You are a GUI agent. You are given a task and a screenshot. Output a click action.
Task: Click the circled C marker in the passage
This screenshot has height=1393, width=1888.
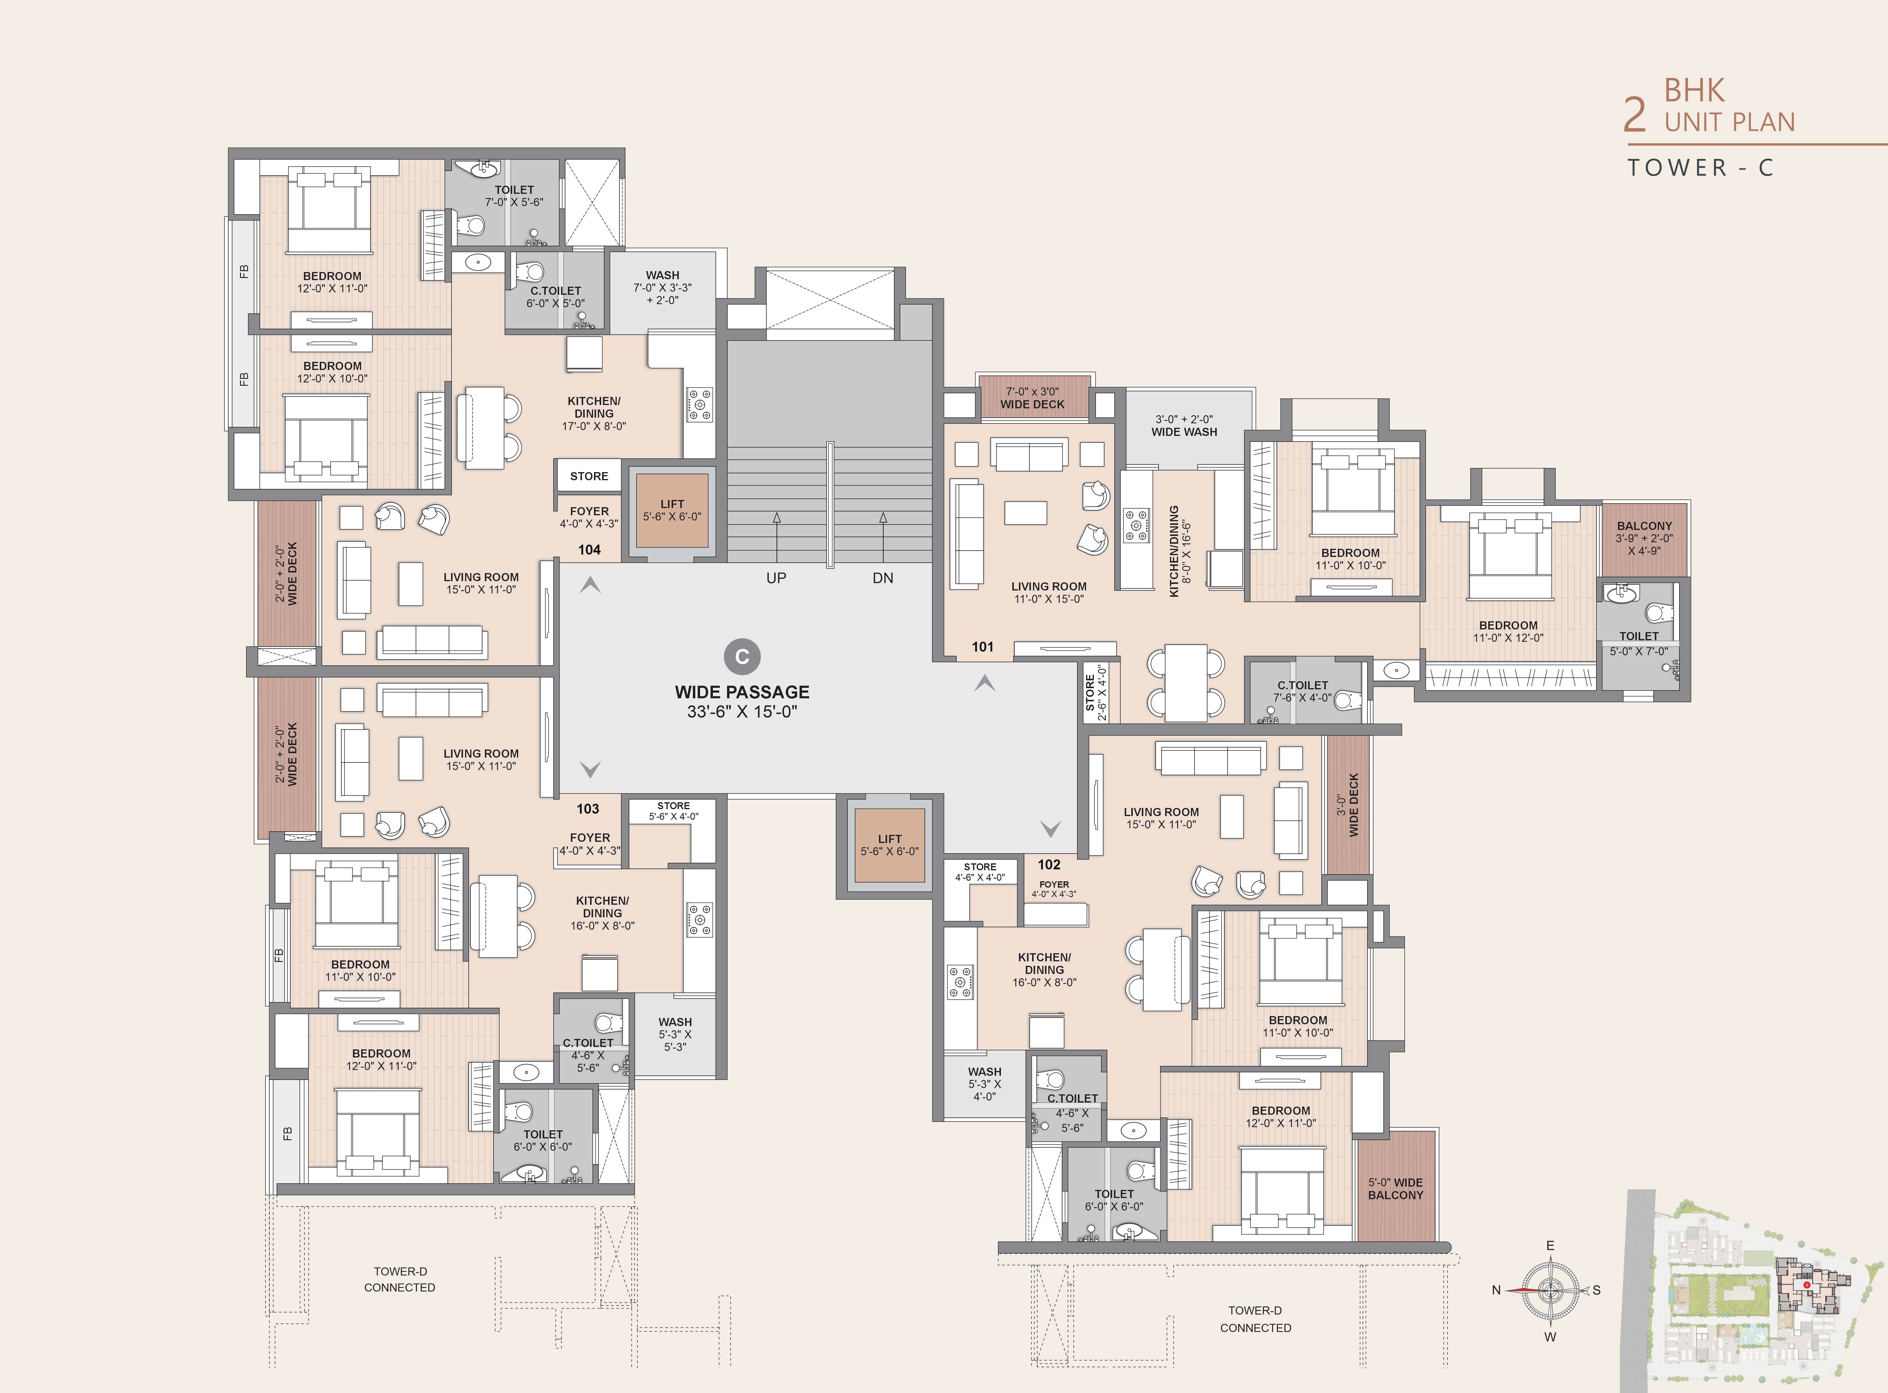(x=742, y=657)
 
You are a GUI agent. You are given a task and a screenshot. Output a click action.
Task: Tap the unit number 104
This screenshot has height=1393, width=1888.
(x=589, y=550)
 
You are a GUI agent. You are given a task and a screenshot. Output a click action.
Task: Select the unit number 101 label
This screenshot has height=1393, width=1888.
(x=983, y=647)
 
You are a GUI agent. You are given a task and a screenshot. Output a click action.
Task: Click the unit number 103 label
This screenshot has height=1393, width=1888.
(x=588, y=809)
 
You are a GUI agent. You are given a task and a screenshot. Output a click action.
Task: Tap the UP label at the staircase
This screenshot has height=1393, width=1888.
(x=776, y=578)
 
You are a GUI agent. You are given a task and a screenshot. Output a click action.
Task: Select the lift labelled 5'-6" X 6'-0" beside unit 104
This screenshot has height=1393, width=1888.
(x=672, y=511)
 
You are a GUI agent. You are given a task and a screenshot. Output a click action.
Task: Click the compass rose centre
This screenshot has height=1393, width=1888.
(x=1550, y=1290)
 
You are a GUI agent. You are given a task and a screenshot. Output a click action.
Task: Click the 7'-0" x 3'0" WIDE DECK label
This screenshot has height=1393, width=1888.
(x=1033, y=398)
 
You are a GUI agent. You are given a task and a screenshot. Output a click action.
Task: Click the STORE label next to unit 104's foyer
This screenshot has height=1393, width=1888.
(x=589, y=476)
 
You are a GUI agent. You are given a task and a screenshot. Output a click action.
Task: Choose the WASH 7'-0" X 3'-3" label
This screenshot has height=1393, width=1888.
(x=663, y=288)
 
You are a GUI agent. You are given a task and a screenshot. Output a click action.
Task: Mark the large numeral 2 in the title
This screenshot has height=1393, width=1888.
(x=1635, y=116)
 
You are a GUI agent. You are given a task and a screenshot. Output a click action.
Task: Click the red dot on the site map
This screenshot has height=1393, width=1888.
(x=1807, y=1285)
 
